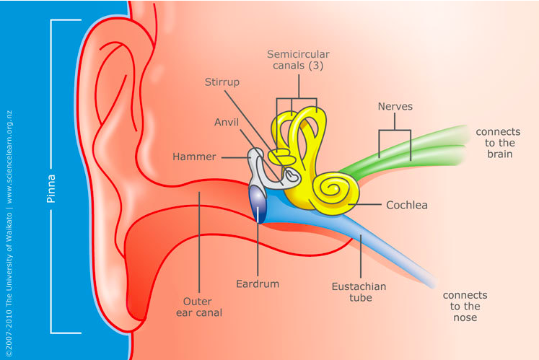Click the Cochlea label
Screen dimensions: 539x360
pos(407,205)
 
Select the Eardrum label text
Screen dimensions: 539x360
pos(258,284)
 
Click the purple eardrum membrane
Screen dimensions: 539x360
pos(258,204)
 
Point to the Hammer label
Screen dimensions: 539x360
pos(194,157)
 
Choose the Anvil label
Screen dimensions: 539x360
pos(226,122)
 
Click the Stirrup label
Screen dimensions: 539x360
pos(222,82)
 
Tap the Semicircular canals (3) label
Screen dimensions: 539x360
pos(298,60)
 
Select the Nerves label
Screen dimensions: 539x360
pos(395,106)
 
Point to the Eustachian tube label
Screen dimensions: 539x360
pos(359,292)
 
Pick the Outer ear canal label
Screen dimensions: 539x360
pos(198,307)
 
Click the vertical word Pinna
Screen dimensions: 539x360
pos(51,189)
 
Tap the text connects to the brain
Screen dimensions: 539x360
pos(498,143)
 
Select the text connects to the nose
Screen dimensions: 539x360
pos(465,307)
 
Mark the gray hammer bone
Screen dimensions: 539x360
pos(257,165)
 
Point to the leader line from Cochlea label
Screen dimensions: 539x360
pos(364,205)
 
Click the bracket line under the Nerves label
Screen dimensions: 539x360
pos(395,131)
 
